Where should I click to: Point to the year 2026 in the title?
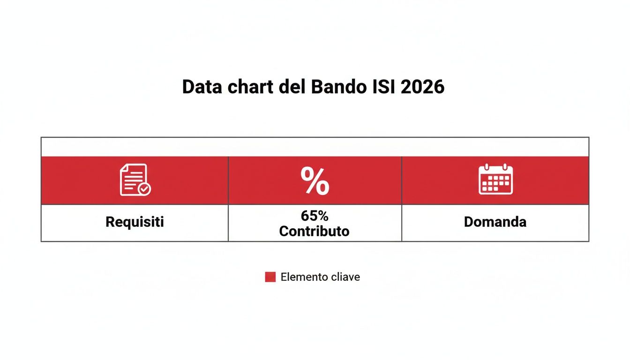[x=423, y=87]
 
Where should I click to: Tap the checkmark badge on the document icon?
[x=144, y=189]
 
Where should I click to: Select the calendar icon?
[x=495, y=180]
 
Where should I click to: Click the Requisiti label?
[x=135, y=222]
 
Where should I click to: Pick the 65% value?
[x=315, y=216]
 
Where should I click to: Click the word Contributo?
[x=315, y=231]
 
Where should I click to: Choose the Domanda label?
[x=495, y=222]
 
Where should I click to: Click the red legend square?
[x=270, y=277]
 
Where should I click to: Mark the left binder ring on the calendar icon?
[x=487, y=166]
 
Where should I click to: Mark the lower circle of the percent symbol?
[x=322, y=188]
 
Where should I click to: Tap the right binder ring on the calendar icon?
[x=504, y=166]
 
